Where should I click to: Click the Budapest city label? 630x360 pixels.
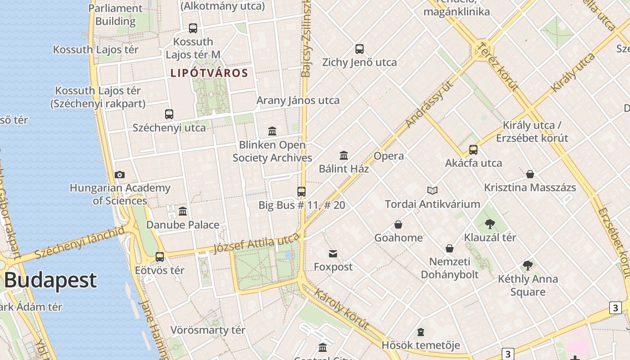pyautogui.click(x=50, y=280)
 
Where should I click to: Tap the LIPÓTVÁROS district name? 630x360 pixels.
pyautogui.click(x=209, y=73)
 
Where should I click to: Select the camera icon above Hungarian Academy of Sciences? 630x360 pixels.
pyautogui.click(x=120, y=175)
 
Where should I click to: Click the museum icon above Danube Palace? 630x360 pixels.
pyautogui.click(x=183, y=211)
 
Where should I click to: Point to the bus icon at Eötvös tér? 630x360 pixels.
pyautogui.click(x=160, y=257)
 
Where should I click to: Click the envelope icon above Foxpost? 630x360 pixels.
pyautogui.click(x=333, y=254)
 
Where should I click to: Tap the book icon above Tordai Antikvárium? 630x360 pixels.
pyautogui.click(x=432, y=191)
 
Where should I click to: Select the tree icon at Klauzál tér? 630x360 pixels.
pyautogui.click(x=490, y=224)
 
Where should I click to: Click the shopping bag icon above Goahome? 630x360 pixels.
pyautogui.click(x=398, y=225)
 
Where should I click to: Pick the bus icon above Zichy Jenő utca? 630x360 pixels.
pyautogui.click(x=359, y=49)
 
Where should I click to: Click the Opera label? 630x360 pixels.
pyautogui.click(x=389, y=156)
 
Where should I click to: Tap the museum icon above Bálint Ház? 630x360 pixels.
pyautogui.click(x=344, y=155)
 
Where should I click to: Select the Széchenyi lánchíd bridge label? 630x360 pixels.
pyautogui.click(x=79, y=243)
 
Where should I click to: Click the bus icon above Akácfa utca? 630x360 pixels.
pyautogui.click(x=473, y=150)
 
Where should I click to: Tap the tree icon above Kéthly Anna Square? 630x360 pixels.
pyautogui.click(x=528, y=265)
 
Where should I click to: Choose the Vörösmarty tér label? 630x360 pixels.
pyautogui.click(x=208, y=330)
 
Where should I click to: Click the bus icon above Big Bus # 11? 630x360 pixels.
pyautogui.click(x=301, y=192)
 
